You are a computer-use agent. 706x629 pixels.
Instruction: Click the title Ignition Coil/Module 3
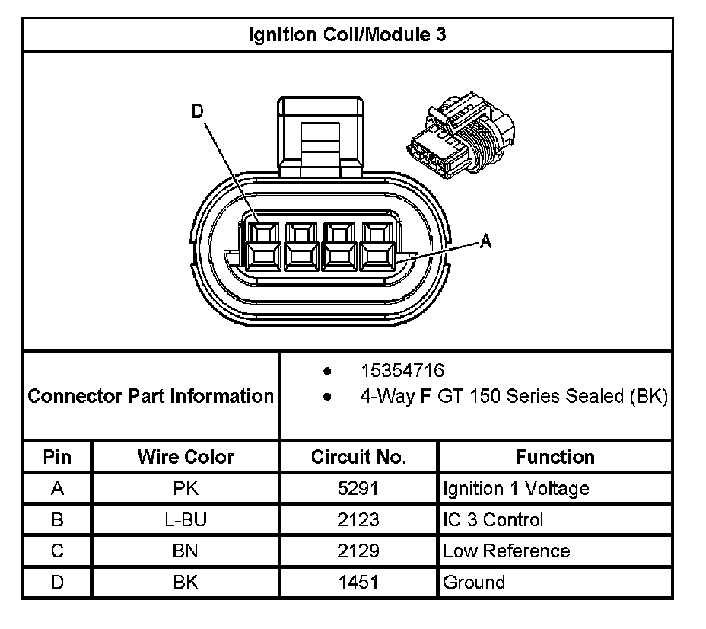pos(348,35)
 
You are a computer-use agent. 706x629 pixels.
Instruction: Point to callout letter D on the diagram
pos(197,112)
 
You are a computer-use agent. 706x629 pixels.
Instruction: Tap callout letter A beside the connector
pos(486,241)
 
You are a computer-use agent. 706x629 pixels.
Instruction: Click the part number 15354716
pos(402,371)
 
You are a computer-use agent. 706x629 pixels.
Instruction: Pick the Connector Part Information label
pos(151,396)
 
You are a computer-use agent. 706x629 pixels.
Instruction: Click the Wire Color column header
pos(186,457)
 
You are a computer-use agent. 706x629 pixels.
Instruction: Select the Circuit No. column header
pos(358,457)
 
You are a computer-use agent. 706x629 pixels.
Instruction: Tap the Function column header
pos(555,457)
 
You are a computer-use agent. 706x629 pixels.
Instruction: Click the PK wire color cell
pos(186,488)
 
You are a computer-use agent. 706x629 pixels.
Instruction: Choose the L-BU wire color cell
pos(186,520)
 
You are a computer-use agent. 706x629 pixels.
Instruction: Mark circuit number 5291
pos(358,488)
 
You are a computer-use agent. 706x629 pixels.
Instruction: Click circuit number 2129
pos(358,551)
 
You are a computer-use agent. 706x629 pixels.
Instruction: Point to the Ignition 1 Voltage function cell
pos(516,488)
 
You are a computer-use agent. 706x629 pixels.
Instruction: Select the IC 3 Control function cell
pos(493,520)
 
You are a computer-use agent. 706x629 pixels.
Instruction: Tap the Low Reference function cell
pos(506,551)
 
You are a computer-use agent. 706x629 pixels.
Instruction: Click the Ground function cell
pos(474,583)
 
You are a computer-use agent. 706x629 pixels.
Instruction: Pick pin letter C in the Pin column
pos(57,551)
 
